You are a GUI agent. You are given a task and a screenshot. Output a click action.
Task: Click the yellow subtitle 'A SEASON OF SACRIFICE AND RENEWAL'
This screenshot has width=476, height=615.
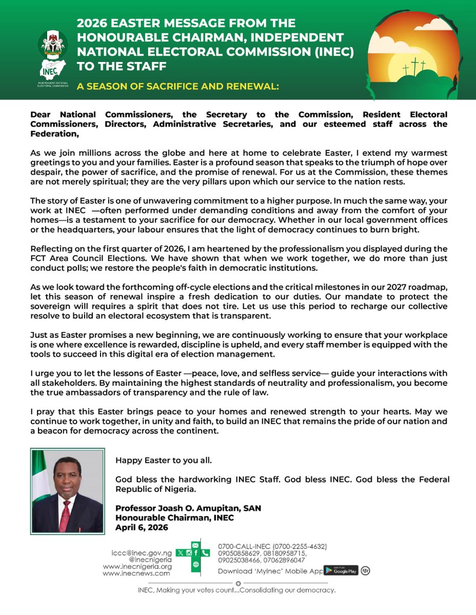tap(177, 87)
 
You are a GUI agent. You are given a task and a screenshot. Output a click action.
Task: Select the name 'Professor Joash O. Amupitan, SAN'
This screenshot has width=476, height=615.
tap(188, 508)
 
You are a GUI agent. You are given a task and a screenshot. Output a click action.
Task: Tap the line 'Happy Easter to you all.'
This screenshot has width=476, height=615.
tap(163, 460)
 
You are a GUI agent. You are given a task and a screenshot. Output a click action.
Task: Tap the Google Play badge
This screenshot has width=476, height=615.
tap(342, 570)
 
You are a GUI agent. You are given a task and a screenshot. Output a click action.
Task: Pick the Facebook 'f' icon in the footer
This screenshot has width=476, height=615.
tap(196, 553)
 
